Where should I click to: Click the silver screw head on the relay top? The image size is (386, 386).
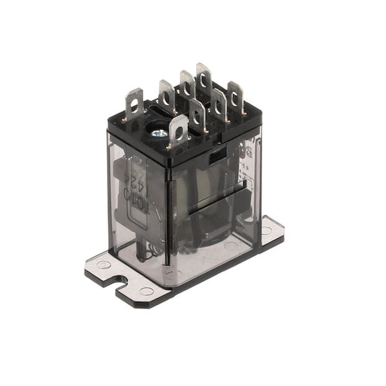(x=158, y=133)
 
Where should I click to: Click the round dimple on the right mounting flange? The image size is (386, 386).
(x=266, y=230)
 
